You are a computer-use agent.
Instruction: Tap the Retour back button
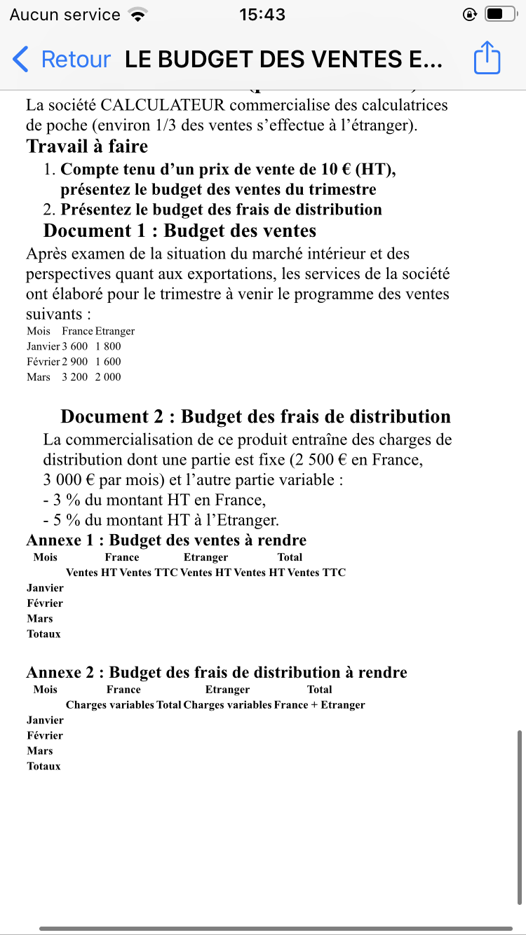pyautogui.click(x=62, y=60)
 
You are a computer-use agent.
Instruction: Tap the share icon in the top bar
pyautogui.click(x=487, y=57)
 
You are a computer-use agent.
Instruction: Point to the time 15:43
pyautogui.click(x=262, y=14)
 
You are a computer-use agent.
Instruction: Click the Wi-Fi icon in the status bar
pyautogui.click(x=138, y=14)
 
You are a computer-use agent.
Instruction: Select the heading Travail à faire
pyautogui.click(x=87, y=146)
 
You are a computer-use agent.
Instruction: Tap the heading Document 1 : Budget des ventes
pyautogui.click(x=180, y=231)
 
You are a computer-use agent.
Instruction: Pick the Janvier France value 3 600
pyautogui.click(x=74, y=346)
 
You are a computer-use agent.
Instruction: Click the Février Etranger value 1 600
pyautogui.click(x=108, y=362)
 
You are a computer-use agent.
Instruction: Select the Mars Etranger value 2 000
pyautogui.click(x=108, y=377)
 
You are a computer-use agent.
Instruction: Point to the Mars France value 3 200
pyautogui.click(x=74, y=377)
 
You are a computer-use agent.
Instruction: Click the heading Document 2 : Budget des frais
pyautogui.click(x=255, y=416)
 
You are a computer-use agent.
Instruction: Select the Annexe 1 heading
pyautogui.click(x=166, y=540)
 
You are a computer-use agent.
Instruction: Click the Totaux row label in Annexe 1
pyautogui.click(x=43, y=634)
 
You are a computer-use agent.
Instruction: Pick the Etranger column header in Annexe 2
pyautogui.click(x=227, y=690)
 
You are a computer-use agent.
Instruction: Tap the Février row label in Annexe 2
pyautogui.click(x=45, y=735)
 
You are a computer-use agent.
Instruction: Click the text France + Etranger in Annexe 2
pyautogui.click(x=320, y=705)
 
